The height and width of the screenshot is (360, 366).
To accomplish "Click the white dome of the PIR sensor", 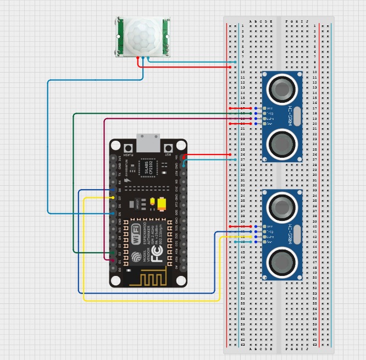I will click(142, 37).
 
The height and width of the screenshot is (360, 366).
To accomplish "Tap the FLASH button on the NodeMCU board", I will click(129, 148).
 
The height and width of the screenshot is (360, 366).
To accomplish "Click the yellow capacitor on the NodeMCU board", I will click(162, 204).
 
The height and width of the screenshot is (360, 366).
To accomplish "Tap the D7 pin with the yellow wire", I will click(114, 197).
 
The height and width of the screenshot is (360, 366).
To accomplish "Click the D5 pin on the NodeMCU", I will click(114, 213).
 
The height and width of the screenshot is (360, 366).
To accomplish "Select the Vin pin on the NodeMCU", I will click(184, 158).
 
